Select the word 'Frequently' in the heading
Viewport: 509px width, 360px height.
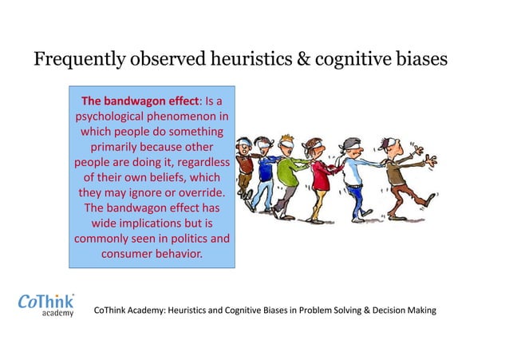tap(76, 60)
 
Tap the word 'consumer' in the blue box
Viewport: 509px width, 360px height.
tap(130, 254)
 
